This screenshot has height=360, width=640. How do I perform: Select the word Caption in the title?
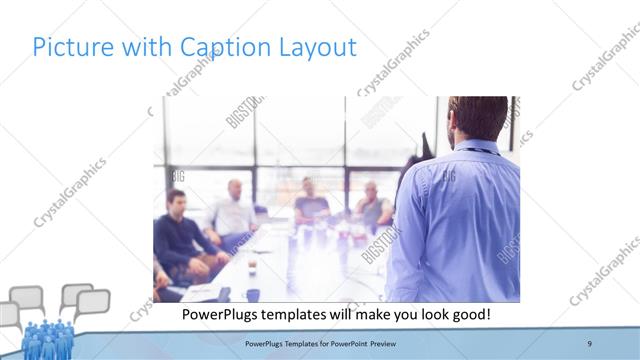[x=219, y=47]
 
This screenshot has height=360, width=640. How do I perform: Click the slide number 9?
[x=590, y=344]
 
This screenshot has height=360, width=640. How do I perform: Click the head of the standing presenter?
[x=477, y=118]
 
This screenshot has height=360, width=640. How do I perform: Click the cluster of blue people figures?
[x=47, y=339]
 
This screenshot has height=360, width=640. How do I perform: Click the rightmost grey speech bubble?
[x=93, y=302]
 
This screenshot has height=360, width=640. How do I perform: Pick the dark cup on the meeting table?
[x=251, y=267]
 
